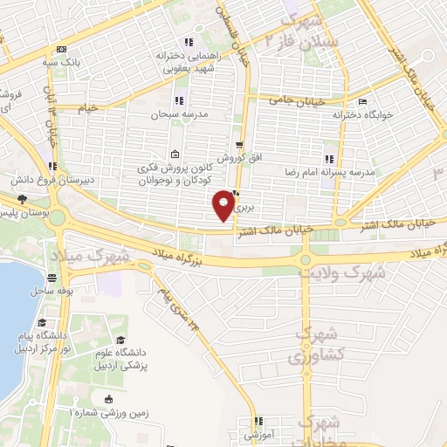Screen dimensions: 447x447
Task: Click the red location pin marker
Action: click(x=224, y=205)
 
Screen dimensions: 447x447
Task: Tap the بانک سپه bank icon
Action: click(x=59, y=50)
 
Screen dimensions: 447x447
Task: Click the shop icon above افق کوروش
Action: click(x=238, y=144)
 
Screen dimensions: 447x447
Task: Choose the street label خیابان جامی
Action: click(x=297, y=101)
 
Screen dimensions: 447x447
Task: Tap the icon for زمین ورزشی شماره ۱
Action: click(x=108, y=400)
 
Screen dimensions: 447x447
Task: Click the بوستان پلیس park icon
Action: click(x=22, y=199)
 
